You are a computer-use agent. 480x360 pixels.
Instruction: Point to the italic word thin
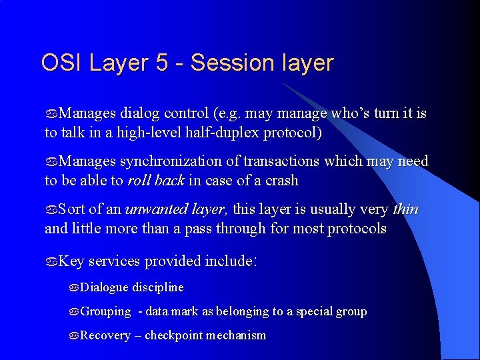(x=405, y=209)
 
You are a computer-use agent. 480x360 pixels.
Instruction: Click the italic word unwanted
(x=150, y=209)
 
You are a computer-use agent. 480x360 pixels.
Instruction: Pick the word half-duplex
(x=224, y=133)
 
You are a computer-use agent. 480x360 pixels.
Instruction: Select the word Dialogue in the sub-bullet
(x=104, y=287)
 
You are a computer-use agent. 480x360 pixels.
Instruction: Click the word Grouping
(x=105, y=312)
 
